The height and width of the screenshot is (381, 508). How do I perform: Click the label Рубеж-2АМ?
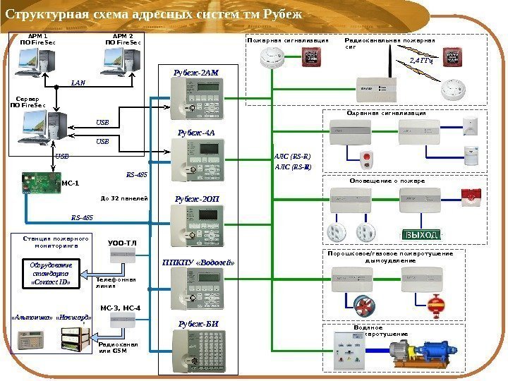[x=197, y=72]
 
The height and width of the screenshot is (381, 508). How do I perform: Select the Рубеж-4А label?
[x=197, y=133]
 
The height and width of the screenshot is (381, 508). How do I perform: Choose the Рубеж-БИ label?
[x=197, y=324]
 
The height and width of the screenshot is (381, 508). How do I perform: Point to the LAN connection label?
[x=78, y=83]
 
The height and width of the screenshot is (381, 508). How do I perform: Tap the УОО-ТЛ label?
[x=122, y=243]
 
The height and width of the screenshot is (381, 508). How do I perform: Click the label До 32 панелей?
[x=124, y=198]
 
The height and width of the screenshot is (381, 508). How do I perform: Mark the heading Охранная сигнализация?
[x=387, y=113]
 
